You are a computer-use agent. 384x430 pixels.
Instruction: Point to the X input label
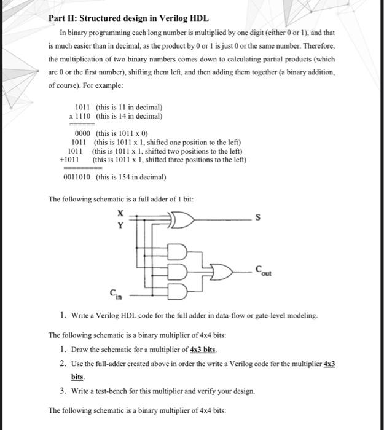tap(120, 213)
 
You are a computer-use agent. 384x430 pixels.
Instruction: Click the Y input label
tap(120, 225)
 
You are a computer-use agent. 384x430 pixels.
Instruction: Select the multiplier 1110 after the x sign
tap(83, 115)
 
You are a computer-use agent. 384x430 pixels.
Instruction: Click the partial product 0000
tap(82, 133)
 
